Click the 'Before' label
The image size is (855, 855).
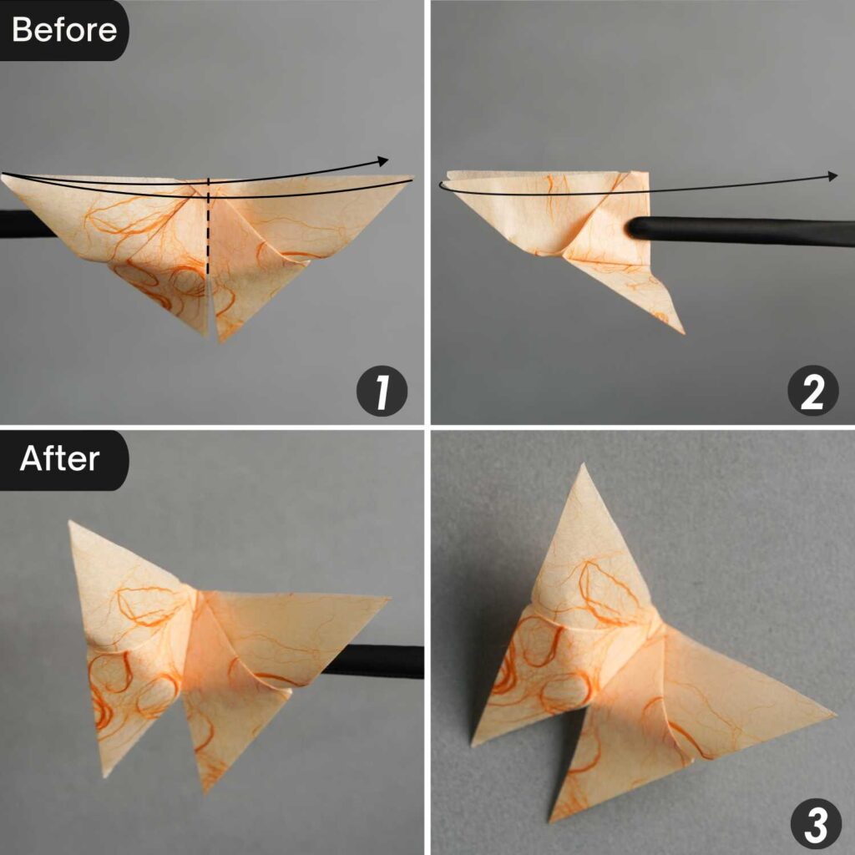click(x=64, y=30)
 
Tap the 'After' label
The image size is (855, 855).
click(x=60, y=458)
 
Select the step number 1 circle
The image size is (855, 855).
click(x=382, y=392)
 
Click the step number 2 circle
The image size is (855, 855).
click(x=812, y=392)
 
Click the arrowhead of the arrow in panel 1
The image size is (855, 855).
click(x=384, y=160)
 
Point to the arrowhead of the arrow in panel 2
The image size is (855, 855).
click(x=832, y=175)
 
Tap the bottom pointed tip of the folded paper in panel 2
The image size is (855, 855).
click(x=682, y=332)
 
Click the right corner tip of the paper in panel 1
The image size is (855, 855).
click(x=412, y=177)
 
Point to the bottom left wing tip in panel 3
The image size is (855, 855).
click(x=473, y=743)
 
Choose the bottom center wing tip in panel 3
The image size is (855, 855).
click(x=551, y=819)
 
